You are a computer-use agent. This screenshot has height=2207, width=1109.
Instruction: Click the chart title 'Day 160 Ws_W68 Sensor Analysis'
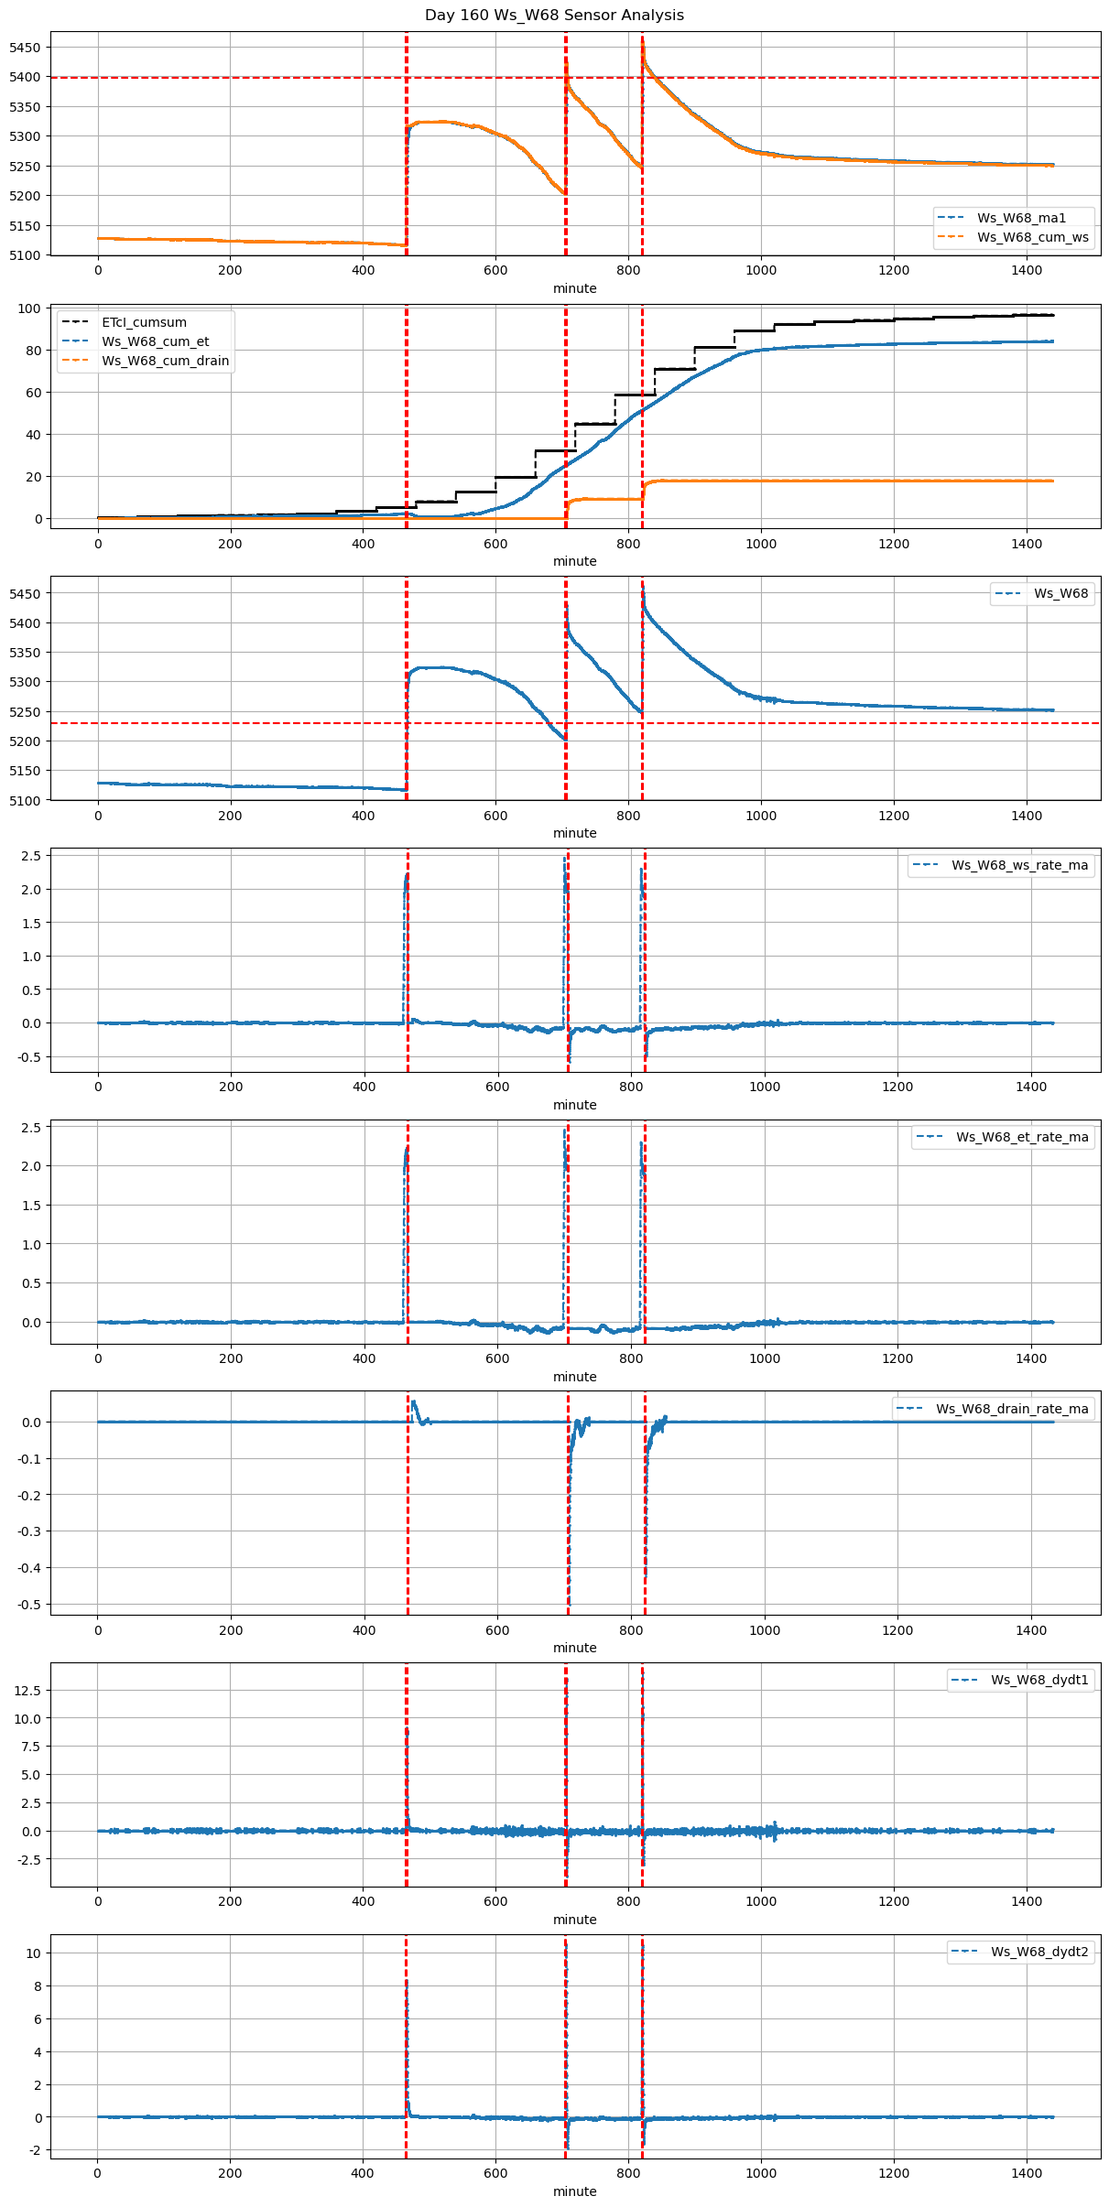(554, 16)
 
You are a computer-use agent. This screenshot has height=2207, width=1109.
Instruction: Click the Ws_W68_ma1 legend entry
(1021, 218)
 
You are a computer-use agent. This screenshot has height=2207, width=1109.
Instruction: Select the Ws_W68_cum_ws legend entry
(1032, 238)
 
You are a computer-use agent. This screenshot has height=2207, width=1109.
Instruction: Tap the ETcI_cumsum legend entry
(144, 322)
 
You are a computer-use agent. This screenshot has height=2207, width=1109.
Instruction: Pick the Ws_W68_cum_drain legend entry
(165, 361)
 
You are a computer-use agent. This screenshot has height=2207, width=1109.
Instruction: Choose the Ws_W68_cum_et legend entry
(155, 341)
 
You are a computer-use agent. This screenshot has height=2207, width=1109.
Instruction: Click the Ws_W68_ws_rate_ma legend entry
(1019, 865)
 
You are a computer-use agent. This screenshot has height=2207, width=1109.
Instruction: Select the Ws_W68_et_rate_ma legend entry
(1022, 1137)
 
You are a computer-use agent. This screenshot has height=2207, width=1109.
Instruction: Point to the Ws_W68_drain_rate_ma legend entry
(1012, 1409)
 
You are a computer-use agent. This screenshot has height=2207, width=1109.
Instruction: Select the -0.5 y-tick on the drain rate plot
(29, 1605)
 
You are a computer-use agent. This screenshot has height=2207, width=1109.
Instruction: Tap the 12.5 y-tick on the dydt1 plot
(27, 1691)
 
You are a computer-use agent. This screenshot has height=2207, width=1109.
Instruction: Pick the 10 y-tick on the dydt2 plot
(34, 1953)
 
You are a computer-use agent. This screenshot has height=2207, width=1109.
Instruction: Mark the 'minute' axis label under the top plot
(574, 288)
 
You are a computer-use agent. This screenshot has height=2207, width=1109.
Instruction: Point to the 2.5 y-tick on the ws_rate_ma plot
(30, 856)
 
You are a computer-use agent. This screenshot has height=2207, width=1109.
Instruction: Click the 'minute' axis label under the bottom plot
(574, 2191)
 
